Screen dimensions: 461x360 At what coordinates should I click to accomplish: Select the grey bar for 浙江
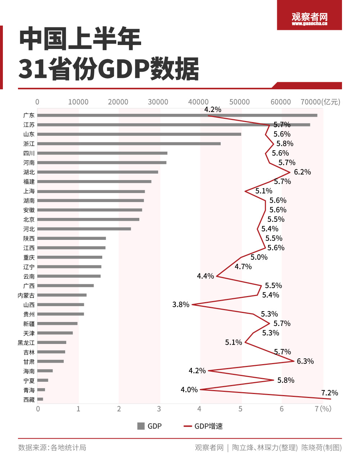pos(129,144)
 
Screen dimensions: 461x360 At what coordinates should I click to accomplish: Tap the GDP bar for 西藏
pos(40,399)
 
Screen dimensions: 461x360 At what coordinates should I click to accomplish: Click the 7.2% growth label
pos(329,393)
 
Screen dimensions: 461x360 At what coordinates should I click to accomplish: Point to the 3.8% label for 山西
pos(181,305)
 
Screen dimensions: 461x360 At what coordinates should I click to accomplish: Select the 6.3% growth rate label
pos(305,361)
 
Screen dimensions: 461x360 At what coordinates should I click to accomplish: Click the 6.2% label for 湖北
pos(302,172)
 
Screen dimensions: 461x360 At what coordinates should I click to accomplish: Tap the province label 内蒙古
pos(26,295)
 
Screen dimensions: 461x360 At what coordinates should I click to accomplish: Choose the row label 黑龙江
pos(26,343)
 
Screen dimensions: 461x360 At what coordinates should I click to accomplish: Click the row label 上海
pos(29,191)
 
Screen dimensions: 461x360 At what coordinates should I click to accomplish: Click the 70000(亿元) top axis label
pos(320,102)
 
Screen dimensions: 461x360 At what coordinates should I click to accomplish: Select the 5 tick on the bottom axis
pos(240,409)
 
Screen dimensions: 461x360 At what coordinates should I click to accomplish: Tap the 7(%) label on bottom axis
pos(323,409)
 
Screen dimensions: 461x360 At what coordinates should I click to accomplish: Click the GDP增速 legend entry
pos(203,426)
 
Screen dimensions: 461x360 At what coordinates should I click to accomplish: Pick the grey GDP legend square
pos(141,426)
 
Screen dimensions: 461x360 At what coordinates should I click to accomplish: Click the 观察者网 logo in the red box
pos(309,18)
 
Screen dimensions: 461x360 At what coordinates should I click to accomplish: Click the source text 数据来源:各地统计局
pos(52,448)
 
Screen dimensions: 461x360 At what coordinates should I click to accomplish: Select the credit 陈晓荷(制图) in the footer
pos(321,448)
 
